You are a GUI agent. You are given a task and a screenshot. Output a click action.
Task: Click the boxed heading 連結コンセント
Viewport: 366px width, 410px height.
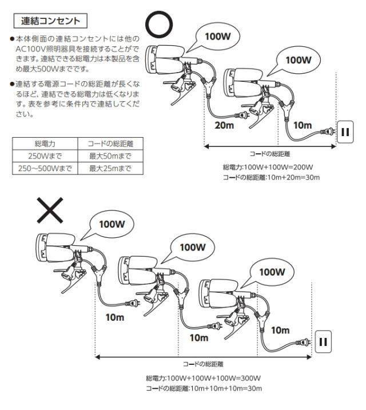tap(50, 21)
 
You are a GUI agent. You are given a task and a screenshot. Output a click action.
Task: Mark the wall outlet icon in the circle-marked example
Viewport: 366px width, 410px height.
tap(346, 131)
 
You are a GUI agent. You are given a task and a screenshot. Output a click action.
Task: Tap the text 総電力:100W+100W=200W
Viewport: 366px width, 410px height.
tap(267, 167)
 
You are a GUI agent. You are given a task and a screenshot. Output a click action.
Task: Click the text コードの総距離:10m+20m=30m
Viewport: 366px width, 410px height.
tap(271, 177)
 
